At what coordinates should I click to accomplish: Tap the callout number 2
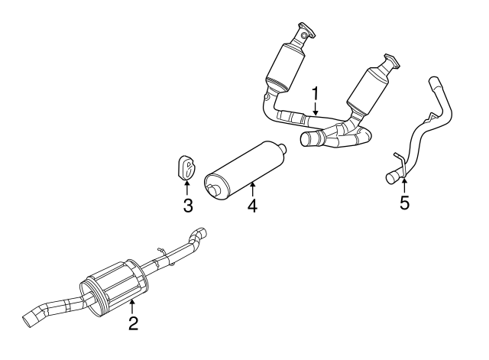(133, 323)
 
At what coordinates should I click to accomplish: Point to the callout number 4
(252, 206)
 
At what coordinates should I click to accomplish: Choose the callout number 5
(405, 203)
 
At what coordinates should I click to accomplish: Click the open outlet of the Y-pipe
(308, 140)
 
